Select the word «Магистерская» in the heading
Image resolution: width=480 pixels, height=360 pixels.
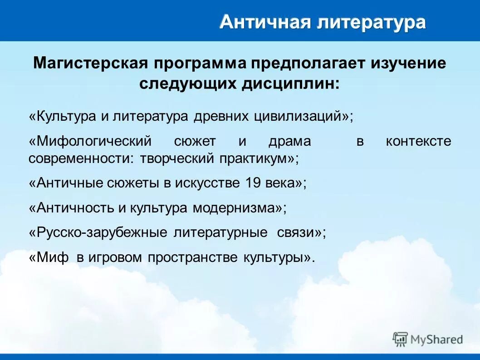tap(91, 64)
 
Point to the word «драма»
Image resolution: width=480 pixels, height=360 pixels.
tap(289, 141)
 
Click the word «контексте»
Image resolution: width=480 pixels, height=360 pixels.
tap(418, 141)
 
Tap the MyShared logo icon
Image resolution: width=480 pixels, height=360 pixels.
tap(400, 339)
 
